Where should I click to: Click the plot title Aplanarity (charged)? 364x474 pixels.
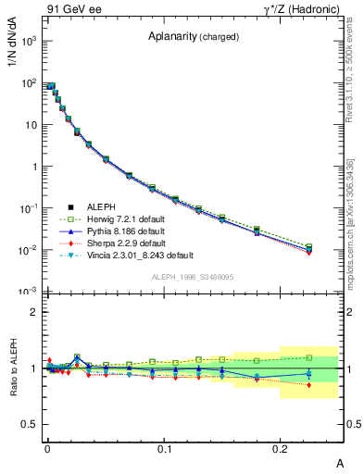tap(194, 37)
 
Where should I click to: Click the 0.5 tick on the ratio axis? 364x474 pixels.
tap(28, 424)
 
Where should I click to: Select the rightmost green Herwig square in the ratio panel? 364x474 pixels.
tap(309, 357)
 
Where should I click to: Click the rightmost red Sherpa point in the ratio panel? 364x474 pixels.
tap(309, 384)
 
